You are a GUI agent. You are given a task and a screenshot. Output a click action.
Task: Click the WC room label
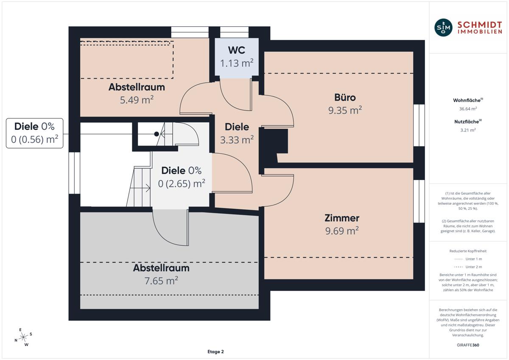coord(237,50)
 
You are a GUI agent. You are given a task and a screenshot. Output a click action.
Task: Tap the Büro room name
coord(345,98)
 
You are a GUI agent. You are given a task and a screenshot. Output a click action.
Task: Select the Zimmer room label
coord(342,218)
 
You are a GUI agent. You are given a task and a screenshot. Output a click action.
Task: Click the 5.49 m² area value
coord(137,100)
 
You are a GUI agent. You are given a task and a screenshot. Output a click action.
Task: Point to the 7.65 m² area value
coord(161,281)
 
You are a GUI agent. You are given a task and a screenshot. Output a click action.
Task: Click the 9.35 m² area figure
coord(345,110)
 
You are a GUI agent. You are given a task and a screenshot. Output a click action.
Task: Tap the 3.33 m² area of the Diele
coord(237,140)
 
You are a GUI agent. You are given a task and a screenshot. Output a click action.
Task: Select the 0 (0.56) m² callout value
coord(34,139)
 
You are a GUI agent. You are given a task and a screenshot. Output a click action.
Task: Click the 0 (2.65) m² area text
coord(182,183)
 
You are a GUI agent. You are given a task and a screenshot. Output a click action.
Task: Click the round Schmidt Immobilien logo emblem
coord(443,28)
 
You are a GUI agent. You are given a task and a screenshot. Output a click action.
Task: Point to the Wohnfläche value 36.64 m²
coord(468,109)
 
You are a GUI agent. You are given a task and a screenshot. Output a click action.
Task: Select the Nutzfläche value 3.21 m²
coord(468,130)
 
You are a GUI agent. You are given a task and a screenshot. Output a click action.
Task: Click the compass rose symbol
coord(23,337)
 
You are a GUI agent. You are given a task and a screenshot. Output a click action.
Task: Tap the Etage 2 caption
coord(215,352)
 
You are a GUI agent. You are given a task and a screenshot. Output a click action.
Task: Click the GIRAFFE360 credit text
coord(468,345)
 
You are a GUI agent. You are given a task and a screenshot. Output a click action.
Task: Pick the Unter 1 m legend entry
coord(468,259)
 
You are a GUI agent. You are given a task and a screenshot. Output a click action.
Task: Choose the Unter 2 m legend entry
coord(468,267)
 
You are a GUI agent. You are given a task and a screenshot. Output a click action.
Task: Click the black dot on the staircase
coord(157,134)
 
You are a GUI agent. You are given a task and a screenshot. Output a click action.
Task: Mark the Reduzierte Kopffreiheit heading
coord(468,251)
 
